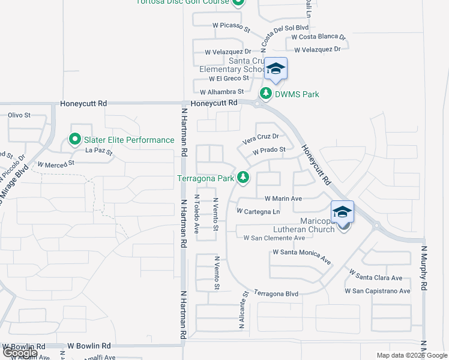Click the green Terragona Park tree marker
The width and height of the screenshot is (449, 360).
coord(243,177)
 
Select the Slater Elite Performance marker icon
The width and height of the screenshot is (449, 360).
coord(75,140)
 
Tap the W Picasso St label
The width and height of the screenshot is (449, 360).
coord(231,26)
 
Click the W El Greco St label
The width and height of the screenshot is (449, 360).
coord(229,79)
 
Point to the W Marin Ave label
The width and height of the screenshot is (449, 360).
coord(283,198)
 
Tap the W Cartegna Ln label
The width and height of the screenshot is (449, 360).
coord(258,211)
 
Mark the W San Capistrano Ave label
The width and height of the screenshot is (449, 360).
coord(377,291)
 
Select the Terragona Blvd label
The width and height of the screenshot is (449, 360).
coord(276,293)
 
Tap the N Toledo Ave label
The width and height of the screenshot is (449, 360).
coord(197,214)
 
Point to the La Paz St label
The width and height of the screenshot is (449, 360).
coord(98,151)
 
